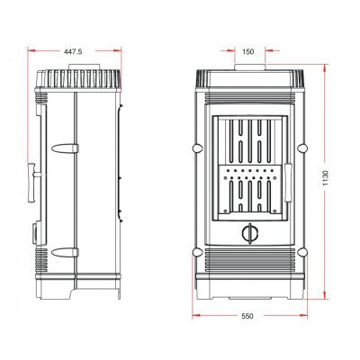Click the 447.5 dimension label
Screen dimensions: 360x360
73,51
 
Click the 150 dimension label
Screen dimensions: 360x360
248,51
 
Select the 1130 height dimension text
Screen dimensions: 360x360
326,178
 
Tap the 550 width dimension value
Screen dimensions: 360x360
247,316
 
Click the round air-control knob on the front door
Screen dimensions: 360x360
249,233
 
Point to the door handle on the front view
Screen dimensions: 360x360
288,182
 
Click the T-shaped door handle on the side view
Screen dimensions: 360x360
33,183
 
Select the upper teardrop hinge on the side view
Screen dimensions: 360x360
65,148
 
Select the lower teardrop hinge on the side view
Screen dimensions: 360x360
65,253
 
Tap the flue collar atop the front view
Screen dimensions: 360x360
249,67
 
